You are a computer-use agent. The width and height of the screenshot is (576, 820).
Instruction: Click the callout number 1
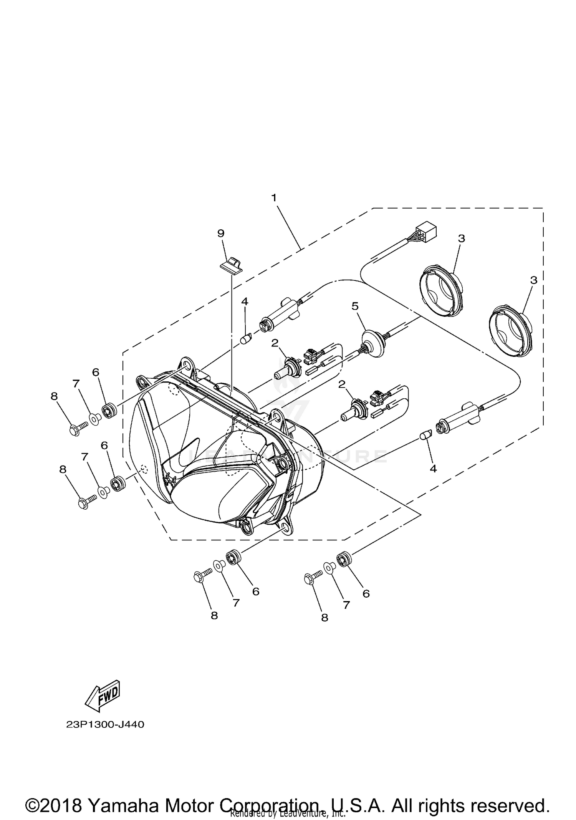click(x=274, y=198)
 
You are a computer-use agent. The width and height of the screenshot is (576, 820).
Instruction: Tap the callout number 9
click(x=221, y=233)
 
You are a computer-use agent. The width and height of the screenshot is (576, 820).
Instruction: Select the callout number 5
click(x=355, y=306)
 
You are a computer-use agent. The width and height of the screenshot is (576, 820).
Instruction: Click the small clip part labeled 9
click(x=231, y=265)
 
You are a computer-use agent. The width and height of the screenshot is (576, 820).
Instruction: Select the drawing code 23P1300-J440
click(x=105, y=725)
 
